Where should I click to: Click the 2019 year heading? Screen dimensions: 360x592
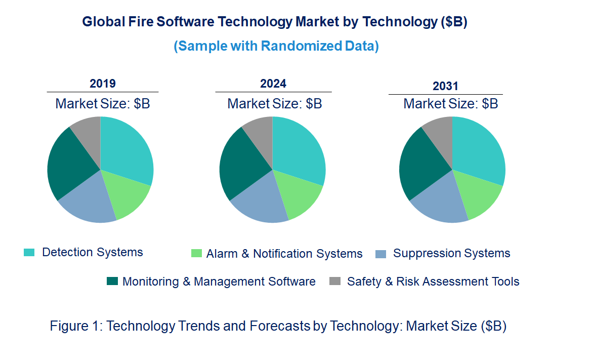(x=103, y=84)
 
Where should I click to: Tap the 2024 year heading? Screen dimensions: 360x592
(x=273, y=84)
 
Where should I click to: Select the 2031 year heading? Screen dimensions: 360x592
(x=445, y=86)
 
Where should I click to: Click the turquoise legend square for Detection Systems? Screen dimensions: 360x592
(x=29, y=252)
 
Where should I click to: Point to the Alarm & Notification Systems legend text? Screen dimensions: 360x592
(x=284, y=254)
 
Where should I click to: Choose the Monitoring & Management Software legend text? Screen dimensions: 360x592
(x=219, y=282)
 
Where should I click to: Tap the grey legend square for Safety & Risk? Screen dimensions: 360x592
(x=334, y=281)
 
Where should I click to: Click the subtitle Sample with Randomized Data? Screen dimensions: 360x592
(x=276, y=46)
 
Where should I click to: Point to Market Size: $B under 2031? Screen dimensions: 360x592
(x=450, y=104)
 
